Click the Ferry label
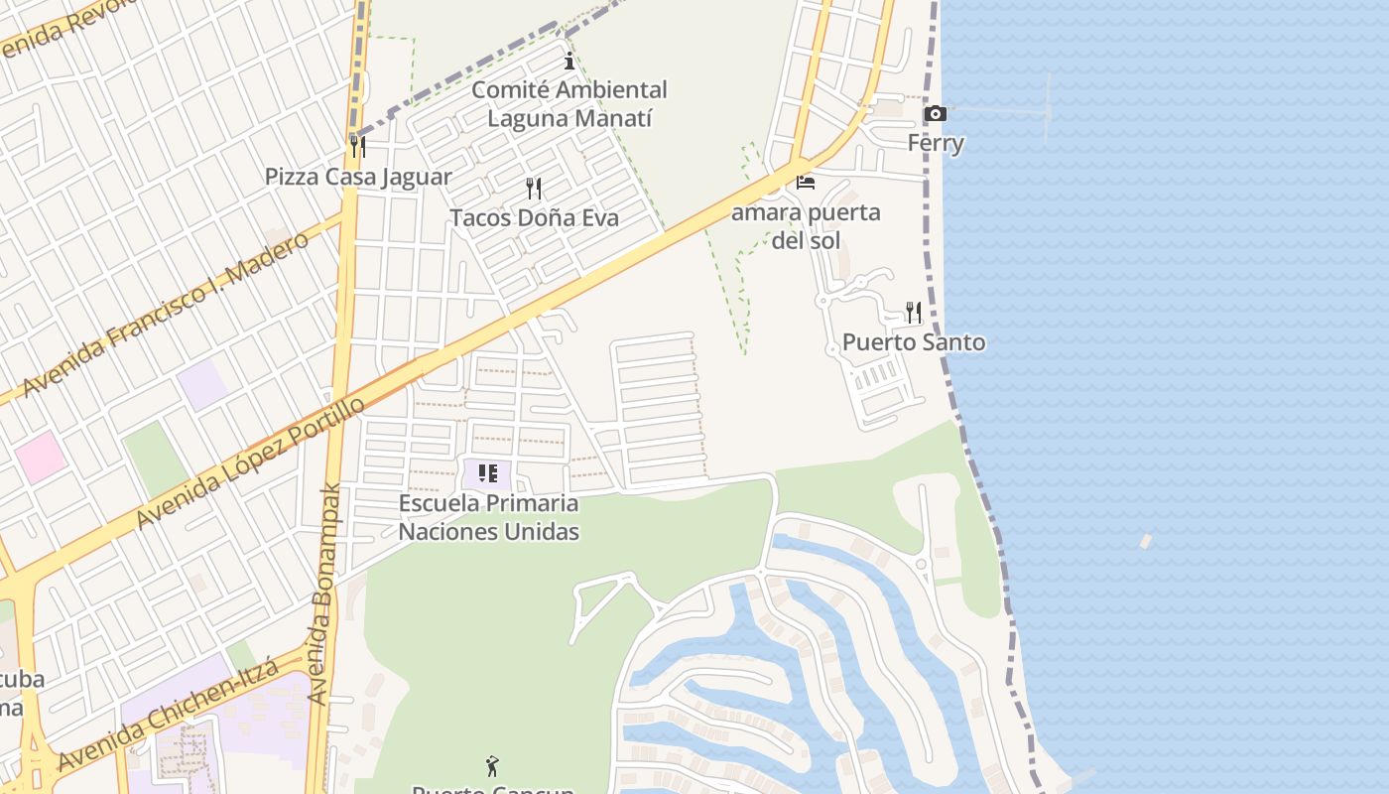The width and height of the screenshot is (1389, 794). tap(936, 143)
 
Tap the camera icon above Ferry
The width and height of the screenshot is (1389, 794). tap(935, 114)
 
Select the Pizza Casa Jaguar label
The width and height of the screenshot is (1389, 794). tap(358, 177)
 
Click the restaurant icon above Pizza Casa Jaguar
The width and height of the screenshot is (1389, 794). tap(358, 147)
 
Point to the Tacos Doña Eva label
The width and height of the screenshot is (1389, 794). tap(534, 217)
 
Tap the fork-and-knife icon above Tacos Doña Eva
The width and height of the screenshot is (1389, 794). tap(534, 188)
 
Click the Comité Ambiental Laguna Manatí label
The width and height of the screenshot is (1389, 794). tap(569, 104)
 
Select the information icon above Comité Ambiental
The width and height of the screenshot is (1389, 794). tap(569, 61)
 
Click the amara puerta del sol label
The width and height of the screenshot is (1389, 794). tap(806, 226)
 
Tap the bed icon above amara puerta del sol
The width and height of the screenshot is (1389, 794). tap(806, 183)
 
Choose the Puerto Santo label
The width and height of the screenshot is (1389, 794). tap(914, 342)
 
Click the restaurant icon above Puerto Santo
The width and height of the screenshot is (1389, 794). tap(914, 313)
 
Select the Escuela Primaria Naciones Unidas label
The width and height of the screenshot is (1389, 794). tap(488, 517)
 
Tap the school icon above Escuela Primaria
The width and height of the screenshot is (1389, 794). tap(487, 473)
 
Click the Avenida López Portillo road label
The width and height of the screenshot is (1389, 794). tap(250, 463)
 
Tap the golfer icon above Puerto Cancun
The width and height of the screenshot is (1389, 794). tap(492, 765)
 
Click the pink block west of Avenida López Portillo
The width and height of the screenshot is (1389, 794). tap(41, 457)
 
